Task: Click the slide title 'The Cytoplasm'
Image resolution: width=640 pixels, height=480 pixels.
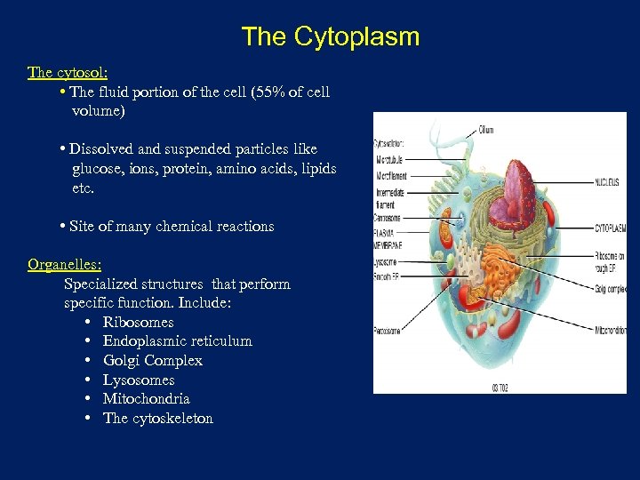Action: (x=330, y=36)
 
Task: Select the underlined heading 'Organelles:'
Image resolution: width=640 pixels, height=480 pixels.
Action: (x=64, y=264)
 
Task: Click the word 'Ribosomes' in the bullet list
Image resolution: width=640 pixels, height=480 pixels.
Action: (x=138, y=322)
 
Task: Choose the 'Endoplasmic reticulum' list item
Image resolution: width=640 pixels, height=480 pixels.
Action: (x=177, y=341)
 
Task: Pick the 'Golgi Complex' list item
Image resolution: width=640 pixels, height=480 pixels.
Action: (x=152, y=360)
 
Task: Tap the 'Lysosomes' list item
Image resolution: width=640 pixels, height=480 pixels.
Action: (x=139, y=380)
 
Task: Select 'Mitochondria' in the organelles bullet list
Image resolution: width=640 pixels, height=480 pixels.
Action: (x=146, y=399)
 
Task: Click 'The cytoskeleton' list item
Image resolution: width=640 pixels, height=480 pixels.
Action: (x=157, y=418)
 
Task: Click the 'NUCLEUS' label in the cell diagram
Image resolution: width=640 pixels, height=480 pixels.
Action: (x=608, y=182)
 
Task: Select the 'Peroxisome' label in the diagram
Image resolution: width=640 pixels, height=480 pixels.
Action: (x=388, y=331)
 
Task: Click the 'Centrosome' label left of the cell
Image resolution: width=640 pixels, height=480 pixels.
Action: (x=388, y=217)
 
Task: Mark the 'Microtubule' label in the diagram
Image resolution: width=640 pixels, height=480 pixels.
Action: (x=390, y=160)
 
